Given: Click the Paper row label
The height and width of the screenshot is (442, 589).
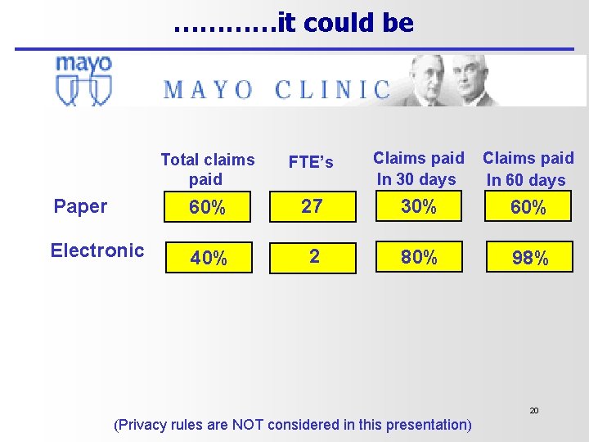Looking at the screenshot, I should point(80,206).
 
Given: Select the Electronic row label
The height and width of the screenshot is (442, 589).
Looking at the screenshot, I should point(97,250).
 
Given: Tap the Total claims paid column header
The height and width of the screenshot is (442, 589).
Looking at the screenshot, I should point(207,169).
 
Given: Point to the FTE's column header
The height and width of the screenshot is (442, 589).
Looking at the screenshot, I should point(311,162).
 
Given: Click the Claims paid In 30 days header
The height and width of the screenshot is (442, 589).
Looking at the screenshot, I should point(418,168).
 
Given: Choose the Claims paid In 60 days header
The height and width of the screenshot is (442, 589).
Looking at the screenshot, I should point(528,169).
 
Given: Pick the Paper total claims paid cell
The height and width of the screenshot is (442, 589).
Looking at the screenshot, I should point(208,208).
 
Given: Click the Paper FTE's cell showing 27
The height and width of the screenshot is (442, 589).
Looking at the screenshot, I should point(312,206).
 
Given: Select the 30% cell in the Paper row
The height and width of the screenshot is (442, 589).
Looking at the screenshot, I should point(418,207).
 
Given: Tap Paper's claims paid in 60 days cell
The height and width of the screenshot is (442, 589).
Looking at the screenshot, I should point(528,208).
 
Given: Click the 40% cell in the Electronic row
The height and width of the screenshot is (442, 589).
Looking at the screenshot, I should point(209,258).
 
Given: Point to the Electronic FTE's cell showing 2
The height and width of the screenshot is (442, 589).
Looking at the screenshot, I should point(314,257).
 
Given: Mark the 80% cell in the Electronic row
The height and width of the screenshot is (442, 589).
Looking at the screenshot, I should point(419,257).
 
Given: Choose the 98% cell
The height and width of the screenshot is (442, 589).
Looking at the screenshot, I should point(529,258).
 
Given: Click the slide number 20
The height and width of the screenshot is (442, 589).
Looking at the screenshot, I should point(533,410).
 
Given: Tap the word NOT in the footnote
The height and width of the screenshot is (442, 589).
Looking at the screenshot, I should point(248,425).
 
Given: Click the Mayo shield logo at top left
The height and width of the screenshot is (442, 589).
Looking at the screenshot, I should point(83,80).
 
